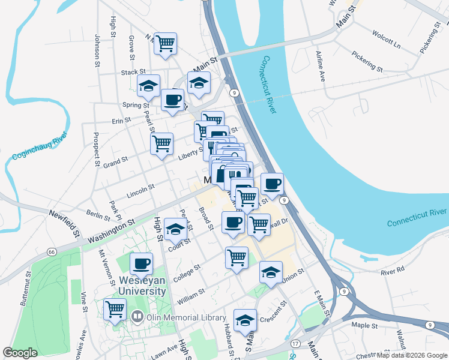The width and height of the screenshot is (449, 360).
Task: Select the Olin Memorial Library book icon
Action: pos(137,316)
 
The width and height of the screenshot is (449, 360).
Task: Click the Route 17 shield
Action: pos(295,344)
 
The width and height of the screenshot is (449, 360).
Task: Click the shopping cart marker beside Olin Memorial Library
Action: pos(115,310)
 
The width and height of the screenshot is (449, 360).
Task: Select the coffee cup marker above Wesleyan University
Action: pos(142,263)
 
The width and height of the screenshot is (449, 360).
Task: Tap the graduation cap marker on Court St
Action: pos(175,229)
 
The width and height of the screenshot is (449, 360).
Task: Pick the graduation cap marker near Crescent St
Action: pos(245,320)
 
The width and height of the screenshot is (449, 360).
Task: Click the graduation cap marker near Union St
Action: pos(271,272)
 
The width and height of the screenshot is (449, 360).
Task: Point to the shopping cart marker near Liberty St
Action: pos(161,143)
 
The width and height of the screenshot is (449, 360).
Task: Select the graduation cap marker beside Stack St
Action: pos(148,86)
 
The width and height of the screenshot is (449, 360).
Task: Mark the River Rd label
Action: pos(393,271)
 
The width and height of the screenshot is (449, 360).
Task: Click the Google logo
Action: pos(20,353)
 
